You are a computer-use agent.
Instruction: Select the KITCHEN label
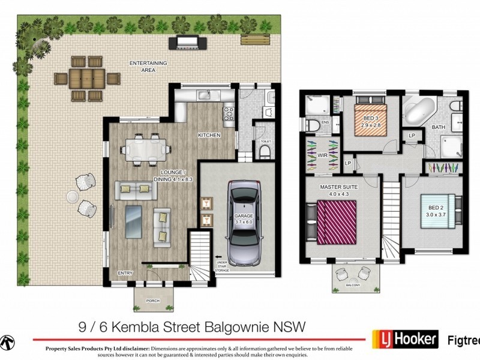tap(209, 136)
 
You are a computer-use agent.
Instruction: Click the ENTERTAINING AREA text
tap(148, 67)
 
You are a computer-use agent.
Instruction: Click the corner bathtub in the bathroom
tap(418, 113)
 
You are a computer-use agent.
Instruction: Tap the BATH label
tap(439, 127)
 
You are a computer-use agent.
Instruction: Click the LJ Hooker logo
tap(405, 338)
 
